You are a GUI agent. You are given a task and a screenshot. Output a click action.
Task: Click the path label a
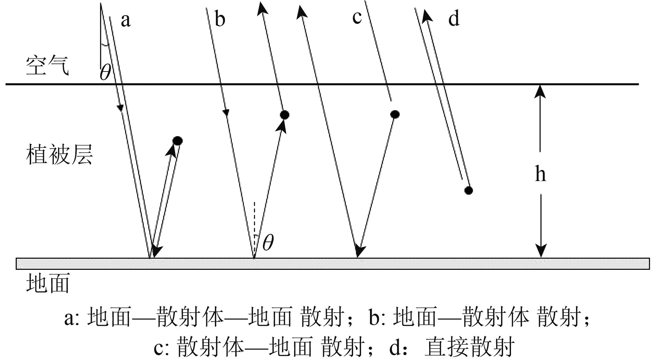pos(126,20)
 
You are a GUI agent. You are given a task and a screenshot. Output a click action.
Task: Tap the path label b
pos(220,19)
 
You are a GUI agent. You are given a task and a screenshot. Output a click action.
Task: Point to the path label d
pos(454,18)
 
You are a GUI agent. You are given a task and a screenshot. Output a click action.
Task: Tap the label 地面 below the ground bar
pos(48,283)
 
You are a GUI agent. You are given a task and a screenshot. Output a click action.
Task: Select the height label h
pos(541,174)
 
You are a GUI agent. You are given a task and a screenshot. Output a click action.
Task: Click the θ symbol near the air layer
pos(105,73)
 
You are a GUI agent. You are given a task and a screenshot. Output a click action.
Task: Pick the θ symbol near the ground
pos(268,243)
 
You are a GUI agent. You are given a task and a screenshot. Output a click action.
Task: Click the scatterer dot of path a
pos(178,141)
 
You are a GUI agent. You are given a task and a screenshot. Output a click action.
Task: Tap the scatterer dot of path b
pos(284,115)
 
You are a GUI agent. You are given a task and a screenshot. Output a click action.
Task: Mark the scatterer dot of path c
pos(395,114)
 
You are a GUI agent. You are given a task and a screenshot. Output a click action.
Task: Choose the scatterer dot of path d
pos(468,190)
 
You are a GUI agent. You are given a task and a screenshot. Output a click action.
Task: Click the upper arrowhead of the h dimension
pos(541,91)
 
